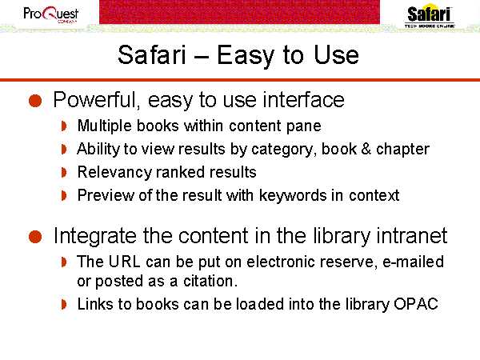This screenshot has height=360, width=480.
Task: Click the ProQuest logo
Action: [51, 14]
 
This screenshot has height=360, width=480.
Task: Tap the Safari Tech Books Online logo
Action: [430, 16]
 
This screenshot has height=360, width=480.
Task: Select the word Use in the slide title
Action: [336, 54]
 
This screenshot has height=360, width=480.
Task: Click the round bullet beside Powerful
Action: [35, 101]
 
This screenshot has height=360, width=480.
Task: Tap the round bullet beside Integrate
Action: [35, 237]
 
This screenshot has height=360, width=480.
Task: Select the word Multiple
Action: [104, 126]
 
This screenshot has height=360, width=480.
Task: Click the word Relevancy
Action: [114, 172]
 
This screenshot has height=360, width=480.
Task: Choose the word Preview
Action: [106, 196]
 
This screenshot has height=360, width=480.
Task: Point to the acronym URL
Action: [124, 262]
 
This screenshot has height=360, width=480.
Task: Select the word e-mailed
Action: [414, 262]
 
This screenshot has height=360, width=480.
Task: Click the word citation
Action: [210, 282]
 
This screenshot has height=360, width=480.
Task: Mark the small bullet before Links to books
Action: [64, 304]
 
